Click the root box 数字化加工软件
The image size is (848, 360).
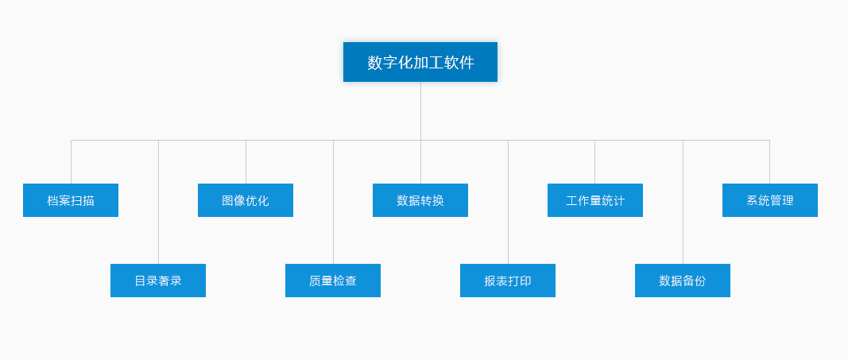click(420, 62)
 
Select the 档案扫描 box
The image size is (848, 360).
click(71, 200)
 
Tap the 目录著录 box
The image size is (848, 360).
click(158, 281)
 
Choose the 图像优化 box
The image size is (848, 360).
click(246, 200)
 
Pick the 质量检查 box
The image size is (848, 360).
click(333, 281)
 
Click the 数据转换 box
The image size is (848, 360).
click(420, 200)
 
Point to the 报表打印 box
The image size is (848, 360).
click(508, 281)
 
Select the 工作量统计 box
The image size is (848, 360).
click(595, 200)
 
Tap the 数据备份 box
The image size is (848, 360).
click(683, 281)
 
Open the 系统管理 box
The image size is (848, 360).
click(770, 200)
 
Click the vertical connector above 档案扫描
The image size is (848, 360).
click(71, 162)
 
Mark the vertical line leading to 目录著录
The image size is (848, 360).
click(158, 203)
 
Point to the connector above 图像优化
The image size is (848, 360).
click(246, 162)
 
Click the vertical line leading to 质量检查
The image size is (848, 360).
click(333, 203)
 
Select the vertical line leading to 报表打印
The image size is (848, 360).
click(508, 203)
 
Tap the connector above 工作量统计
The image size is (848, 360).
click(594, 162)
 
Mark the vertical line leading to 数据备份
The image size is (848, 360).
click(683, 203)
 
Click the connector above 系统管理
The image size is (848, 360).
click(769, 162)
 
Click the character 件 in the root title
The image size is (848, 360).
click(467, 63)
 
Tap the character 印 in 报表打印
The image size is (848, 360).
click(525, 281)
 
